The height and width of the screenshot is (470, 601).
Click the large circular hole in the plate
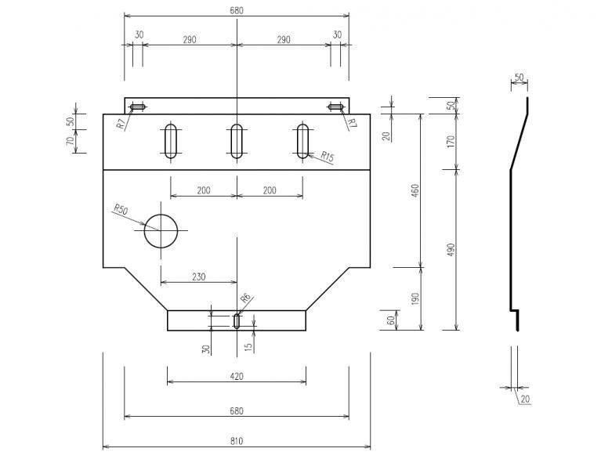[x=145, y=231]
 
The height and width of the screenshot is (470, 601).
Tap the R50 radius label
[x=121, y=209]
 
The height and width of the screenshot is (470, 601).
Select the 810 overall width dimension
[x=237, y=441]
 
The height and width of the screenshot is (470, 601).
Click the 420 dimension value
[x=237, y=376]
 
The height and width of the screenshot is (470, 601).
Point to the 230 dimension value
[x=198, y=277]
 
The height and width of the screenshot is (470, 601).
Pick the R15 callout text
[x=328, y=157]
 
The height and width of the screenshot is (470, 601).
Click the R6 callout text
[x=245, y=298]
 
